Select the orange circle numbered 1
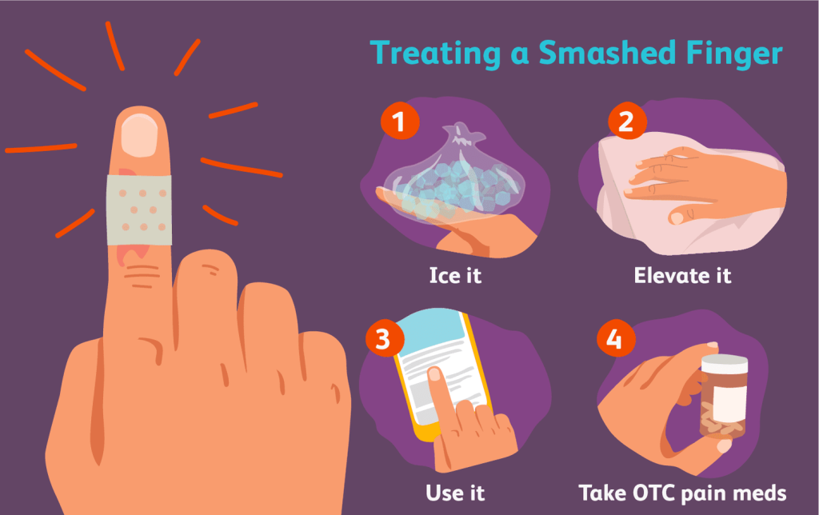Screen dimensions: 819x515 tap(400, 121)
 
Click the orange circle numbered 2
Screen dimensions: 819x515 tap(627, 121)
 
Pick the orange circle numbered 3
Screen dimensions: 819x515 tap(385, 338)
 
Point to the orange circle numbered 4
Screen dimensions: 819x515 tap(617, 338)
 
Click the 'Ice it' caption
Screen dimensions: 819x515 tap(455, 275)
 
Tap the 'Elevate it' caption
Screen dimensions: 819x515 tap(682, 275)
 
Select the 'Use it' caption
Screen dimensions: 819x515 tap(455, 493)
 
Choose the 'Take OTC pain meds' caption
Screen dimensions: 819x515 tap(682, 493)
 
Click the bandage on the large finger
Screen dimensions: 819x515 tap(139, 210)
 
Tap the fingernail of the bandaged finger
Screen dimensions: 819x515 tap(139, 135)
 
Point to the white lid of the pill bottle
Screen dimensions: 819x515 tap(724, 364)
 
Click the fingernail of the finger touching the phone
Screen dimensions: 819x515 tap(434, 374)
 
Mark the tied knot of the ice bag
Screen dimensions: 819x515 tap(460, 134)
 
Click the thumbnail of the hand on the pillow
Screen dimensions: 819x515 tap(676, 218)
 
